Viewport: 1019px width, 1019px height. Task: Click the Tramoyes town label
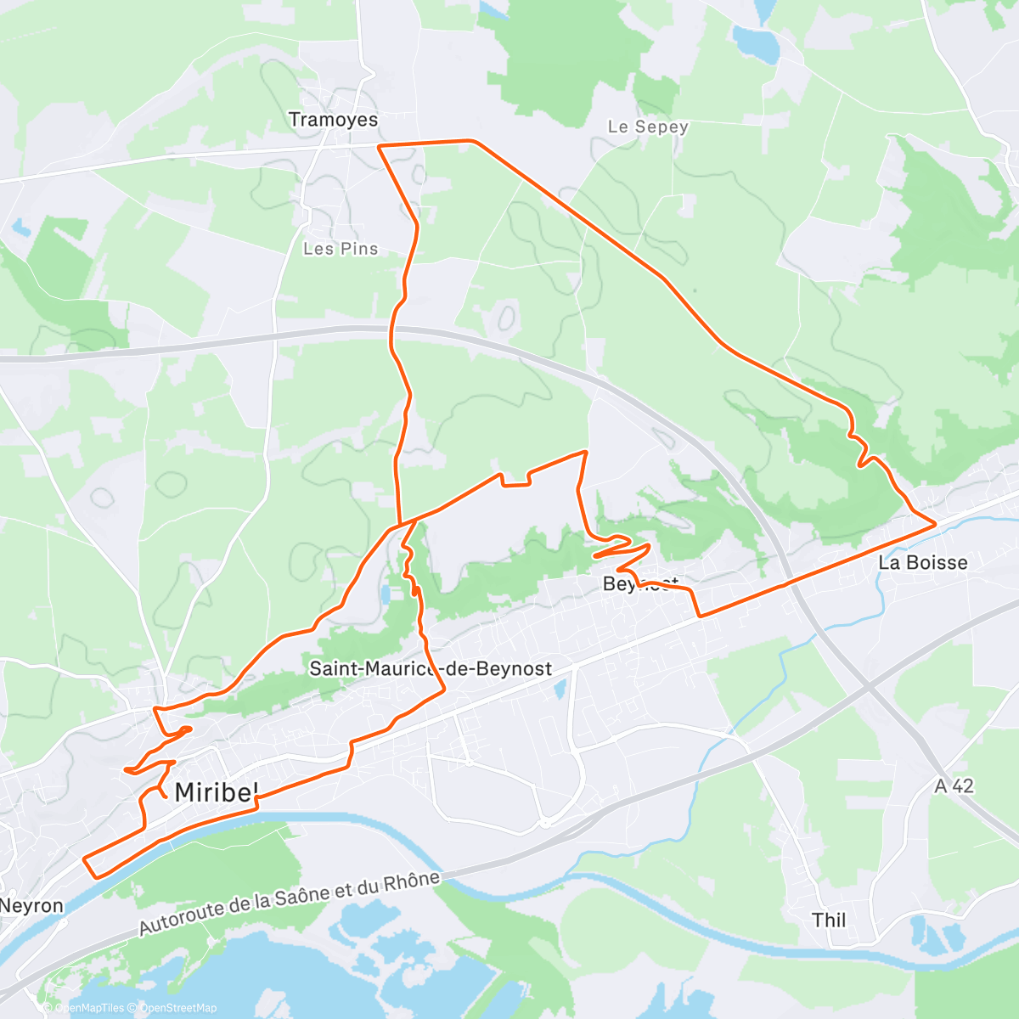[x=333, y=120]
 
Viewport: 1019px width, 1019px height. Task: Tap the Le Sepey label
[x=648, y=127]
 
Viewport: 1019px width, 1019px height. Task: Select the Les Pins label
[x=341, y=249]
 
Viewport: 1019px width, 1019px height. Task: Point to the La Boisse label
[x=922, y=562]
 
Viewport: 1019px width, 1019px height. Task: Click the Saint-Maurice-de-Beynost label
[x=431, y=669]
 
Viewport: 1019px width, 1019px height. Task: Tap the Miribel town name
[x=216, y=793]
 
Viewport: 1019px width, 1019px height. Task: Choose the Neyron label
[x=31, y=905]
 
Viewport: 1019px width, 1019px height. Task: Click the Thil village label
[x=829, y=920]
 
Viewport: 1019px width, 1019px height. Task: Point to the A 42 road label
[x=954, y=786]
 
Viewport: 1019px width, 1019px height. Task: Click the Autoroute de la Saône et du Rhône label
[x=290, y=904]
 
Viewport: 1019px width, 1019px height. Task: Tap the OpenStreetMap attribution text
[x=177, y=1008]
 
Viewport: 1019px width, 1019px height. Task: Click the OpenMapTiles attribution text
[x=89, y=1008]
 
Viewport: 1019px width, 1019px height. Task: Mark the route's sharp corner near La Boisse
[x=935, y=524]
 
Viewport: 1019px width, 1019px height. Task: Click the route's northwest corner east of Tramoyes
[x=379, y=147]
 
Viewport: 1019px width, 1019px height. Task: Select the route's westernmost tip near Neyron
[x=84, y=859]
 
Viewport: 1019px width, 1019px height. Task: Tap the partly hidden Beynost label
[x=641, y=583]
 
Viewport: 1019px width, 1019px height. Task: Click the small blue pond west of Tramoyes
[x=20, y=228]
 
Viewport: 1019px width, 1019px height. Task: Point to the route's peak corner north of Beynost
[x=585, y=452]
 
